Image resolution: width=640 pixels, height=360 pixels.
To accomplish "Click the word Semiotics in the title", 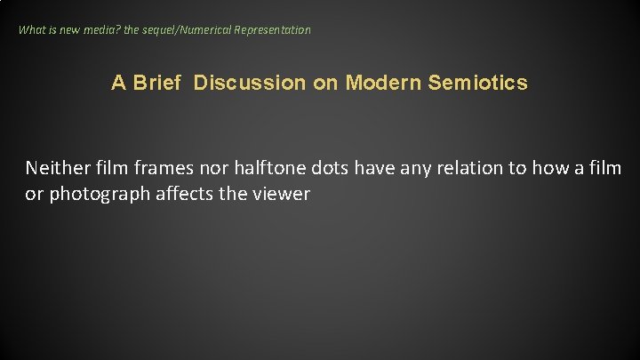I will (x=477, y=84).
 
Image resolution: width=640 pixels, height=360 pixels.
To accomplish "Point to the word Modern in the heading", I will (x=383, y=84).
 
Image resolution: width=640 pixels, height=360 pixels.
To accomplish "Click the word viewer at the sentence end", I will (x=283, y=194).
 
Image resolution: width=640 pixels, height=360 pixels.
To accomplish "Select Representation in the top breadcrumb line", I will (x=273, y=30).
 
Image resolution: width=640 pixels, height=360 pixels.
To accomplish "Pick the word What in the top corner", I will (x=33, y=30).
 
